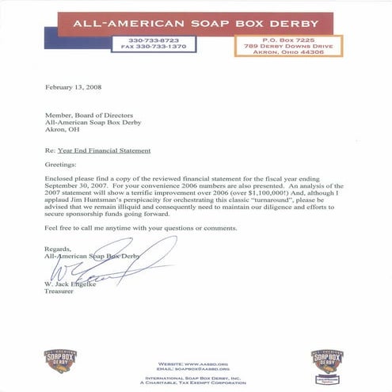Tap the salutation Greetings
(63, 167)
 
